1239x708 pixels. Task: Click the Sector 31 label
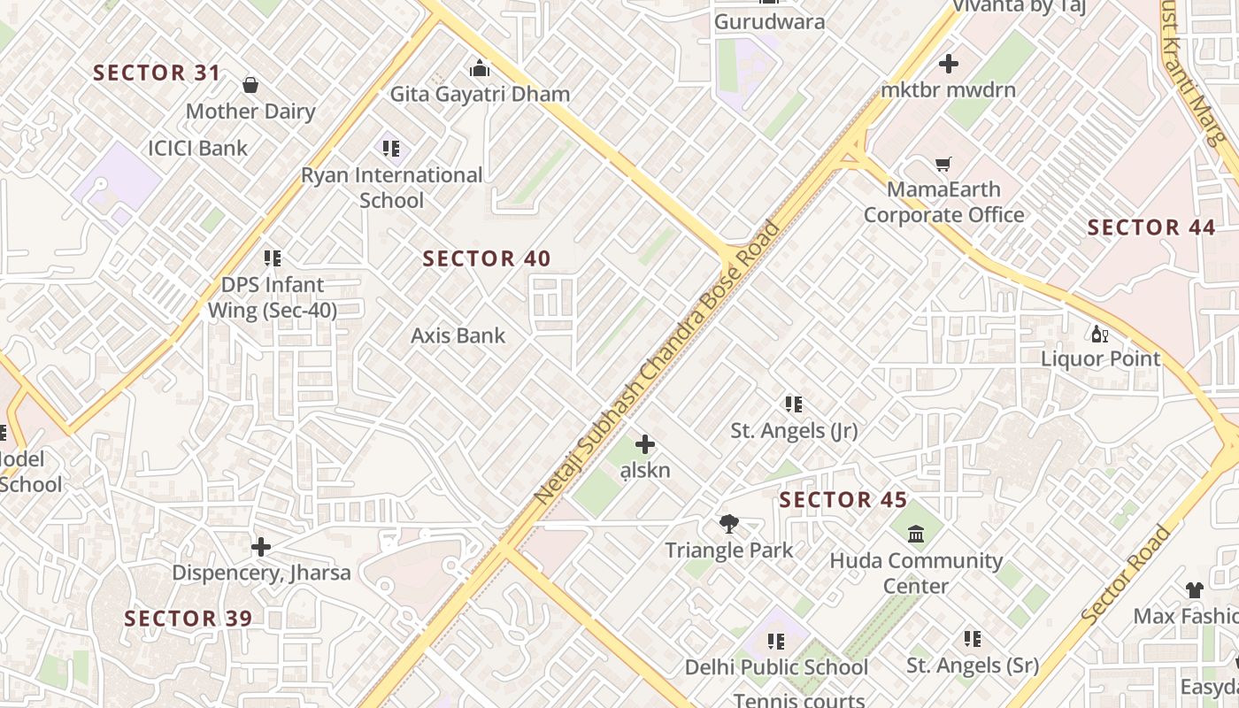(157, 73)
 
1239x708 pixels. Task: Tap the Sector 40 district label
(487, 258)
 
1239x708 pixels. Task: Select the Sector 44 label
(1151, 227)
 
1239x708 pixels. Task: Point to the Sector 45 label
(843, 500)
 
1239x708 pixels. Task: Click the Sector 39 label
(188, 618)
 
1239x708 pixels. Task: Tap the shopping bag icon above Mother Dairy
(250, 85)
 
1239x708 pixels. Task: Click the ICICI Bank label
(198, 148)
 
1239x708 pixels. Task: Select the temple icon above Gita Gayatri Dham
(480, 68)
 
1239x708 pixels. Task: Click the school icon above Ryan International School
(391, 149)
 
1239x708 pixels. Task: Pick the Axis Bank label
(458, 335)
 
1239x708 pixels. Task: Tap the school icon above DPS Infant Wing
(273, 258)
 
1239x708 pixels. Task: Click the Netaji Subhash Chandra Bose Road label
(658, 363)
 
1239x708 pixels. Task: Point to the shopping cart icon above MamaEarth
(943, 165)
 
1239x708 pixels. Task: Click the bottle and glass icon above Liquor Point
(1100, 334)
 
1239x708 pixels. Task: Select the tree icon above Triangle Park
(729, 524)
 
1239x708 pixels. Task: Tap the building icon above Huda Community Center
(916, 535)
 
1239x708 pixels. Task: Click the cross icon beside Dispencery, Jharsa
(261, 547)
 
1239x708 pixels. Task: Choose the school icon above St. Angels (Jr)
(794, 404)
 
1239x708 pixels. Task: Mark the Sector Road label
(1127, 574)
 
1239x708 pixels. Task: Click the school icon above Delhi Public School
(776, 641)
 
